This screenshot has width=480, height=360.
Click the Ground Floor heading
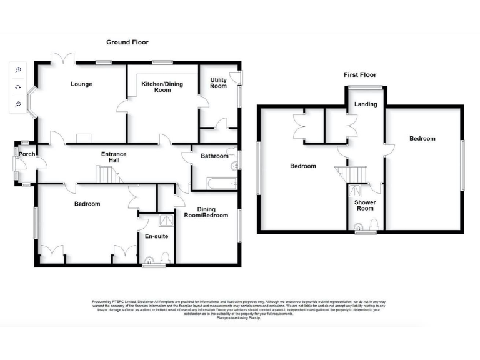tap(127, 42)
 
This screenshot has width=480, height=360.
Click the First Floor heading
tap(359, 74)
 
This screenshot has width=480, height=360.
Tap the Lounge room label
tap(81, 84)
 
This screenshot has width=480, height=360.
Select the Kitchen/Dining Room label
tap(162, 87)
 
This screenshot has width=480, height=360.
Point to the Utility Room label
tap(218, 82)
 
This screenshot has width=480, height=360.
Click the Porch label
tap(27, 154)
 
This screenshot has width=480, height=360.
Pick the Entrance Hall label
tap(114, 157)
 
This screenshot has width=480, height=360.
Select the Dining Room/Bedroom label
tap(207, 213)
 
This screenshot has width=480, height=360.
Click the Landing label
tap(366, 104)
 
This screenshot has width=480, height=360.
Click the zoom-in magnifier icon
tap(19, 69)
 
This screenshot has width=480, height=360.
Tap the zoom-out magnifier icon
tap(19, 104)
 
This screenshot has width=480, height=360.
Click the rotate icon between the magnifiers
tap(19, 87)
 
